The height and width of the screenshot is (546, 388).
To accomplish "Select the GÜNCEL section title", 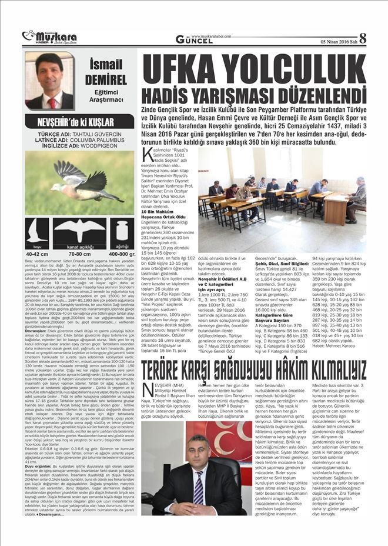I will [194, 39].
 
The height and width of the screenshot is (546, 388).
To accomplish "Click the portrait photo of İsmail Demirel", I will [49, 81].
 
